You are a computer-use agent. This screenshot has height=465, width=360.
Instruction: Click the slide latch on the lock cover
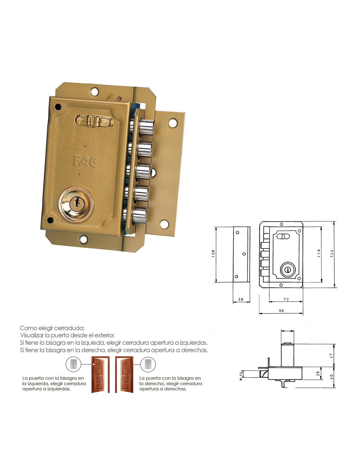[94, 121]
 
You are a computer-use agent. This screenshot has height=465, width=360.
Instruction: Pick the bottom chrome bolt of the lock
[139, 215]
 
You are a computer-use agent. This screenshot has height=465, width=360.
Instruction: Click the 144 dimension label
[331, 253]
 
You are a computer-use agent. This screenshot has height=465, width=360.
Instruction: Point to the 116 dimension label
[319, 253]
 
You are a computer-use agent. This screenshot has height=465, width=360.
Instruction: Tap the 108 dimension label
[213, 253]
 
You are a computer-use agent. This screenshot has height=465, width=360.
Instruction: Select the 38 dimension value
[241, 299]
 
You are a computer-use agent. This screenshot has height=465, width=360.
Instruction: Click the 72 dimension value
[286, 299]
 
